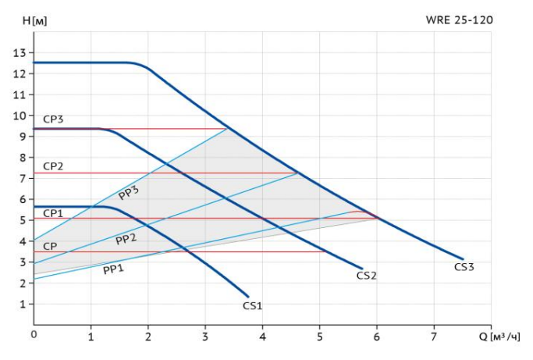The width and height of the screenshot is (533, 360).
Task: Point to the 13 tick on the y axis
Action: point(20,52)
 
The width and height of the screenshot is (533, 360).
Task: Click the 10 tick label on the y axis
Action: point(20,116)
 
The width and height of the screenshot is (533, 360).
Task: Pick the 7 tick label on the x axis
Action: point(434,336)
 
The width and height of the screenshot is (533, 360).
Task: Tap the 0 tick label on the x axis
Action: point(34,336)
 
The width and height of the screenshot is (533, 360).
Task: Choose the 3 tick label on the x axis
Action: point(205,336)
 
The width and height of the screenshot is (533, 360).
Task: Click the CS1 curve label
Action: point(252,305)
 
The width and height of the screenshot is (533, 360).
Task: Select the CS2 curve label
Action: point(367,275)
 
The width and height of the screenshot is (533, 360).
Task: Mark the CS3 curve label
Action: point(464,266)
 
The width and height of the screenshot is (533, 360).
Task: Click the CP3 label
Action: point(53,119)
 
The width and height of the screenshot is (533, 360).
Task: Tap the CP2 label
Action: point(53,166)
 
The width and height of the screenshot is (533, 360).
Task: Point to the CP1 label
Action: point(53,212)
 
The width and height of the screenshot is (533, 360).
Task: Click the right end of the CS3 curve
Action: point(463,258)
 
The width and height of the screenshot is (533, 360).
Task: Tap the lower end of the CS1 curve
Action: point(248,296)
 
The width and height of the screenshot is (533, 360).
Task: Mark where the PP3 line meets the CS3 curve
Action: point(227,128)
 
